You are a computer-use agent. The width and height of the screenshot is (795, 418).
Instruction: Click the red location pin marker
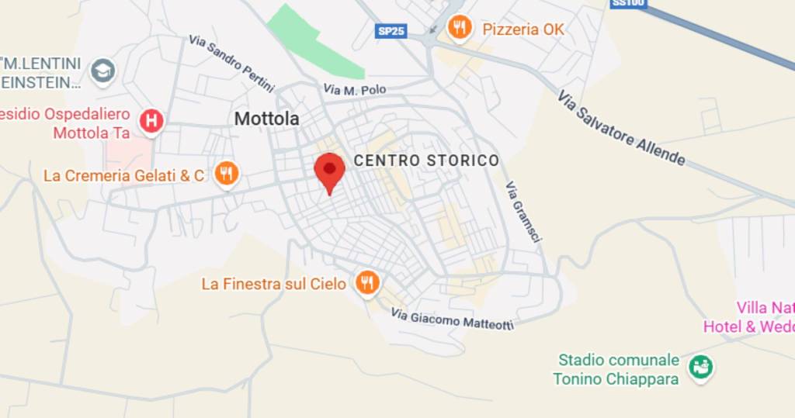(x=329, y=171)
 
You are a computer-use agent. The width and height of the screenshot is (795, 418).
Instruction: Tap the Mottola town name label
(x=266, y=119)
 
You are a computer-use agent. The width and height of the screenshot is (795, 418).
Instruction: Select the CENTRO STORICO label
(x=426, y=161)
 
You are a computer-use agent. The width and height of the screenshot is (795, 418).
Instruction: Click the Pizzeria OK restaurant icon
(x=460, y=29)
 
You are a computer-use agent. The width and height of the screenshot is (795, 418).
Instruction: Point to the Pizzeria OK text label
(x=523, y=29)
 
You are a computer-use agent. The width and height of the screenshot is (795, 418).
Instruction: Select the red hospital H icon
(x=151, y=120)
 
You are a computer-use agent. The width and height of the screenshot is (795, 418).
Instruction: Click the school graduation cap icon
(x=102, y=71)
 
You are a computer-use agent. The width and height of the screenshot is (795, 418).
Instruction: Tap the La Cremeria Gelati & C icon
(x=226, y=174)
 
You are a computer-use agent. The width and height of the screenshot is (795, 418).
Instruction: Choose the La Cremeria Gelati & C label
(x=124, y=175)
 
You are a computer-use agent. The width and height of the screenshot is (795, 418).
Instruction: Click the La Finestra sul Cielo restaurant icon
(x=367, y=283)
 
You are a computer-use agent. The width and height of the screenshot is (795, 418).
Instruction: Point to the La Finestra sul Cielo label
(x=273, y=284)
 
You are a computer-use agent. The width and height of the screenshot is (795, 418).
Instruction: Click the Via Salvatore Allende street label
(x=622, y=128)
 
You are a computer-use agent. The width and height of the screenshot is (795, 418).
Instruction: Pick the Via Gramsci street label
(x=522, y=213)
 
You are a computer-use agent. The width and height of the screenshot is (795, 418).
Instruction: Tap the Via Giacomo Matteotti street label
(x=452, y=319)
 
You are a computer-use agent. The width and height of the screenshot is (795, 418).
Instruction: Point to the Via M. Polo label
(x=354, y=91)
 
